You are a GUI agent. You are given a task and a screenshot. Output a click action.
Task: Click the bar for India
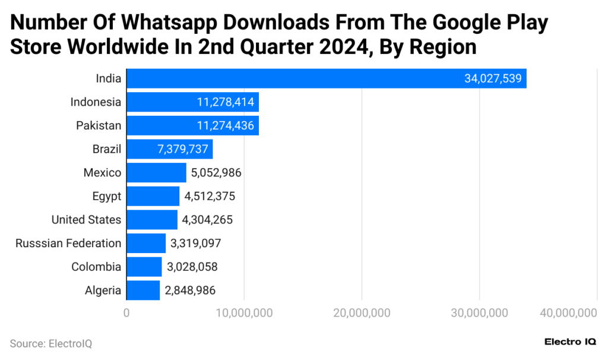click(326, 78)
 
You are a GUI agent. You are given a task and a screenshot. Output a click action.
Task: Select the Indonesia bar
click(192, 102)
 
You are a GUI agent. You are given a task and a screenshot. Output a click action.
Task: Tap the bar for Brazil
click(169, 149)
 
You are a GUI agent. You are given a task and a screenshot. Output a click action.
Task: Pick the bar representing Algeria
click(143, 290)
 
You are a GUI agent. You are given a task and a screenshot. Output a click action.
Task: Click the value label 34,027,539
click(493, 79)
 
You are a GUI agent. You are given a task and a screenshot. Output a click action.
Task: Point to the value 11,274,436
click(225, 126)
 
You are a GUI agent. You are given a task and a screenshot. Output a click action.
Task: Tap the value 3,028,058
click(192, 267)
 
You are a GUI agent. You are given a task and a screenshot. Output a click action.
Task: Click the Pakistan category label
click(98, 126)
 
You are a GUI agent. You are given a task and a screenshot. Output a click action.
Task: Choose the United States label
click(86, 220)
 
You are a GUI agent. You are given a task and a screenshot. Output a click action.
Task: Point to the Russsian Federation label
click(68, 243)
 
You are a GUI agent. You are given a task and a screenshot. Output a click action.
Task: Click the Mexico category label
click(102, 173)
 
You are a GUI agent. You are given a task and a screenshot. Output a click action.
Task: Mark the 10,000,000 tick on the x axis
click(243, 312)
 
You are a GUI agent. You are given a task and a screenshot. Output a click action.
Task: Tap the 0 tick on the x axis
click(126, 312)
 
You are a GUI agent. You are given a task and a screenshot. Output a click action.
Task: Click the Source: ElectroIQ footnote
click(50, 343)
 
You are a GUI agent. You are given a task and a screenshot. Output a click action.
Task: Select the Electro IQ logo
click(570, 342)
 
